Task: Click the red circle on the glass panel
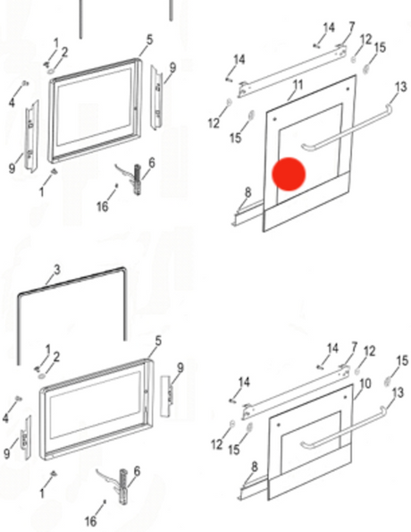(x=289, y=173)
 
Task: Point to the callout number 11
(x=298, y=85)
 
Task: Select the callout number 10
(x=365, y=384)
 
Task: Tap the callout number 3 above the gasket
(x=56, y=270)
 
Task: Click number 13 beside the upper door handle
(x=401, y=87)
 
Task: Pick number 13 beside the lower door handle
(x=398, y=393)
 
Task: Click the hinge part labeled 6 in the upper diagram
(x=137, y=179)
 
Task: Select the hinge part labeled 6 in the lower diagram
(x=122, y=486)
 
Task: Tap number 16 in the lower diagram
(x=90, y=520)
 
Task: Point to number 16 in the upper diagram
(x=103, y=206)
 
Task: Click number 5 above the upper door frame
(x=149, y=39)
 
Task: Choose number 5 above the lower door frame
(x=158, y=341)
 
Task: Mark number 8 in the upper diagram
(x=247, y=192)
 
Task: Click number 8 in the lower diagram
(x=255, y=467)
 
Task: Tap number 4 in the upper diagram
(x=12, y=103)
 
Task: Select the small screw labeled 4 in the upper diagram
(x=25, y=83)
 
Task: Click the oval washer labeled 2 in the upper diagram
(x=51, y=72)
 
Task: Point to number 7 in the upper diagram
(x=352, y=27)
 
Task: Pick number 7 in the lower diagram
(x=355, y=348)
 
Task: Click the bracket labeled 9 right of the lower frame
(x=165, y=396)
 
